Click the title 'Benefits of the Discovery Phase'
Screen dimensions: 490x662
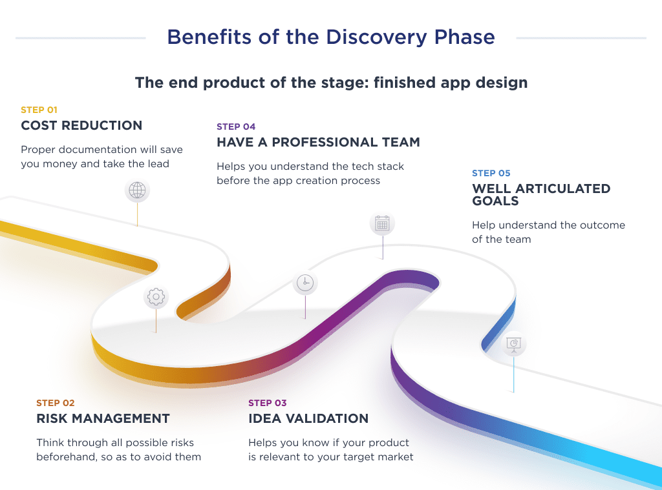pos(330,37)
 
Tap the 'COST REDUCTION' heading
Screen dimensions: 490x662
pos(81,125)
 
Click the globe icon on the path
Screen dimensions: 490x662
pos(137,190)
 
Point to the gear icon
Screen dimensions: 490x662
pos(156,297)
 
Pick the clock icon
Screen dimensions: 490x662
pos(305,283)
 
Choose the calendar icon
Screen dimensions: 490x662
pos(382,224)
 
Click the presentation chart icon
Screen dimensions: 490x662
pos(514,343)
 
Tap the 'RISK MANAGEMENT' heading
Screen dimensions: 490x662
pos(103,418)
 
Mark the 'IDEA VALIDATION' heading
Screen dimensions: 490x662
pos(308,418)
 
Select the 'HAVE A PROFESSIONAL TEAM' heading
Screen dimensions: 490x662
pos(318,142)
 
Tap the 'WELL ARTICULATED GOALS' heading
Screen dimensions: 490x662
pos(540,194)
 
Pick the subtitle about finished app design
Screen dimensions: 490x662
pos(331,83)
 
